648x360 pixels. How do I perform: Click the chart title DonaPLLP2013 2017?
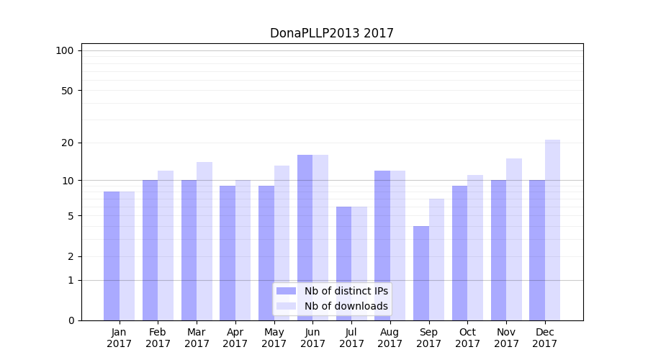point(331,33)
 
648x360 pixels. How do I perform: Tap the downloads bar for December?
point(552,230)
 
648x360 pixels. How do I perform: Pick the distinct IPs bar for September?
point(421,273)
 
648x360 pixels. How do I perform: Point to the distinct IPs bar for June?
point(305,238)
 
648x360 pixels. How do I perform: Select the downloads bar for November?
point(514,239)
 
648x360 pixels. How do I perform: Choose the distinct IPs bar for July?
point(344,264)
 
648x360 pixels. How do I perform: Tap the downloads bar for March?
point(204,241)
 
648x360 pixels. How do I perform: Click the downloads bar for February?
point(166,246)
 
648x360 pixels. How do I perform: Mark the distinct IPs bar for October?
point(460,253)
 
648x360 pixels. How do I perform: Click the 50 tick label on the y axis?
point(68,91)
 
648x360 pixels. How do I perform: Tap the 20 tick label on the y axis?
point(68,143)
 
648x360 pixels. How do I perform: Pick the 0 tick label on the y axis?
point(71,320)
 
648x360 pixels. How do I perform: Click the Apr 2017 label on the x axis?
point(235,338)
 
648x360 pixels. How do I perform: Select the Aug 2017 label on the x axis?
point(390,338)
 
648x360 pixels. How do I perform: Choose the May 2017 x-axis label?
point(274,338)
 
